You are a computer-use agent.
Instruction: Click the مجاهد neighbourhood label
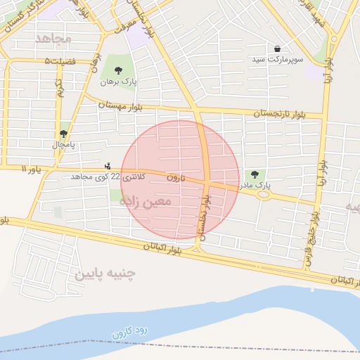(53, 38)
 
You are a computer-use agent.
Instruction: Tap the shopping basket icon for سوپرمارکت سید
(278, 49)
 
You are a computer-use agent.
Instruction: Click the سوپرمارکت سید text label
(278, 60)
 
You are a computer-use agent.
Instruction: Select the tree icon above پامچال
(63, 133)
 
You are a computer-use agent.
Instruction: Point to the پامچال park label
(63, 144)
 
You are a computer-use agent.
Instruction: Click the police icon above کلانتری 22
(107, 167)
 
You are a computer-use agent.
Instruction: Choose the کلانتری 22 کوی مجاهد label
(108, 176)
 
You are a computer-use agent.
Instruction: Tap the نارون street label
(176, 178)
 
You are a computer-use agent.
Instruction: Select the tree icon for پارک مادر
(255, 174)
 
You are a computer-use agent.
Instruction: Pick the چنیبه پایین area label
(105, 272)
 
